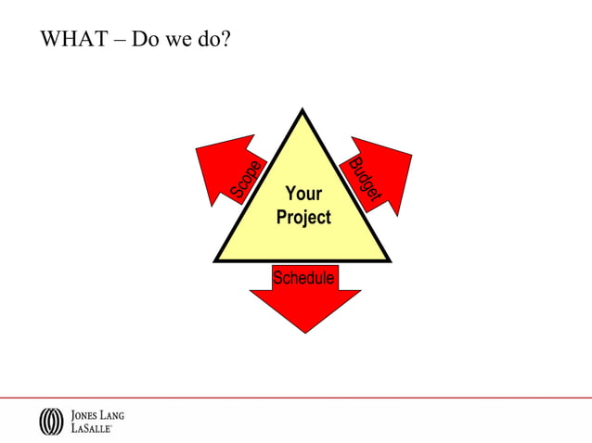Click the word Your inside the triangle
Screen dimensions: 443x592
pyautogui.click(x=303, y=194)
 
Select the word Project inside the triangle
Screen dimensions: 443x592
pyautogui.click(x=303, y=218)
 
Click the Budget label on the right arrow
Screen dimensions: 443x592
pyautogui.click(x=365, y=180)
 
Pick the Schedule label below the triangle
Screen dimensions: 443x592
pyautogui.click(x=303, y=277)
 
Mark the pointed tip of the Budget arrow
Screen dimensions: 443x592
pyautogui.click(x=410, y=155)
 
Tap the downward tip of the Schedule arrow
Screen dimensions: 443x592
pyautogui.click(x=304, y=332)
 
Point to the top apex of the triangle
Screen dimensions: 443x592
pyautogui.click(x=302, y=110)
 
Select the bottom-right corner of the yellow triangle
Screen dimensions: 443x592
pyautogui.click(x=389, y=260)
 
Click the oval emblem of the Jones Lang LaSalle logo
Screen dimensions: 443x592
pyautogui.click(x=51, y=422)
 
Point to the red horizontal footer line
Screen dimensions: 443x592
pyautogui.click(x=296, y=398)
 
